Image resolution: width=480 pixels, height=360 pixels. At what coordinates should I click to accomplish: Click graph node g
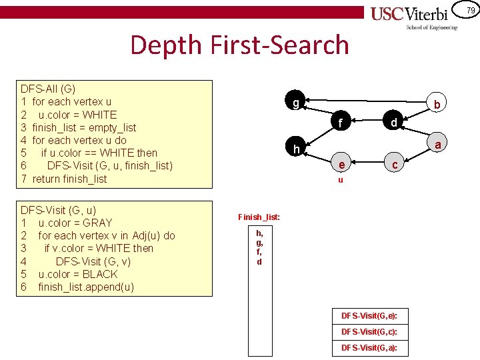pos(295,103)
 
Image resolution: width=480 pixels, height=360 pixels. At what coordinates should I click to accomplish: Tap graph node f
pos(341,123)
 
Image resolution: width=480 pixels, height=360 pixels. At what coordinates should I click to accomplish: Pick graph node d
pos(394,123)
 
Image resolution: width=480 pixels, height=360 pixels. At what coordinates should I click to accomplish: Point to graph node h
pos(295,147)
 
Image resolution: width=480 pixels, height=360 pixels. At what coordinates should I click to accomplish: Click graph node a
pos(437,145)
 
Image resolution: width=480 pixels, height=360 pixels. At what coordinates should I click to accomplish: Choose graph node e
pos(341,165)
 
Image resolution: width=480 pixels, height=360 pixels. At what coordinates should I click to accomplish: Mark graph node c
pos(395,165)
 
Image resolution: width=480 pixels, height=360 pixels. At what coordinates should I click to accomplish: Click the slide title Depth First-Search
pos(239,45)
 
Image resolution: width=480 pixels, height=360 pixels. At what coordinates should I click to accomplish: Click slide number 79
pos(470,10)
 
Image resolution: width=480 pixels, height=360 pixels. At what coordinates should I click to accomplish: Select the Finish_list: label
pos(259,217)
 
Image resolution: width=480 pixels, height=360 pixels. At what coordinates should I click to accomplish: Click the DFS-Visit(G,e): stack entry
pos(369,315)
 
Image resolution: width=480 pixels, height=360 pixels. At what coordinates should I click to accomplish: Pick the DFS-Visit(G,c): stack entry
pos(369,331)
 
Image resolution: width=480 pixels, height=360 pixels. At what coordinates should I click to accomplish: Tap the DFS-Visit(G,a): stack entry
pos(369,348)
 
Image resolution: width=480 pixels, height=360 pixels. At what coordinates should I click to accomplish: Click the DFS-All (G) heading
pos(48,89)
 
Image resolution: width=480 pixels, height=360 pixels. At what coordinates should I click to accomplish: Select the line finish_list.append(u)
pos(86,287)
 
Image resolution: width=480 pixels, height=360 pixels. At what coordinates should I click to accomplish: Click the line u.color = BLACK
pos(78,274)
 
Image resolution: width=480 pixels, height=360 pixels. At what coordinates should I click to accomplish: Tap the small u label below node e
pos(340,180)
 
